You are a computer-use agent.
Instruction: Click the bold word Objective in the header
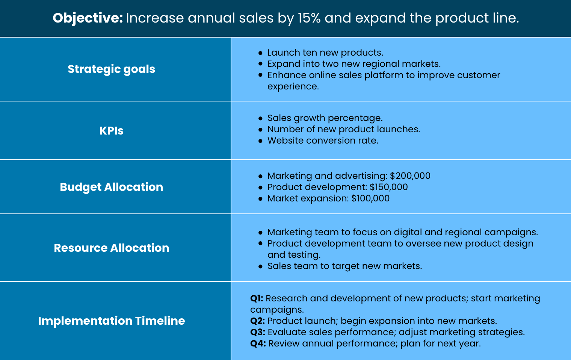point(88,18)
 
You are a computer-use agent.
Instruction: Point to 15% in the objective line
point(309,18)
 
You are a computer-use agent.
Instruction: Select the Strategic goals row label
point(112,69)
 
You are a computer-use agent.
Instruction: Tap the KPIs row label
point(112,131)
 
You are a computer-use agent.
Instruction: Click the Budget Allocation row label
point(112,187)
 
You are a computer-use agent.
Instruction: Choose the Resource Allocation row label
point(112,248)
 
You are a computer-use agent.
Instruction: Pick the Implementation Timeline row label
point(112,321)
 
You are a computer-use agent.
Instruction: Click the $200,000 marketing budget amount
point(410,176)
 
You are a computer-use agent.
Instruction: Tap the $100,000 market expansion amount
point(370,198)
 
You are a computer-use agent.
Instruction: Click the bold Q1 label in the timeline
point(257,298)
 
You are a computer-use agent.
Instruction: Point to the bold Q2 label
point(258,321)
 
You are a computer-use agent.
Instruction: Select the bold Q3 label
point(258,332)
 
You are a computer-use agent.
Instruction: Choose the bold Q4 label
point(258,343)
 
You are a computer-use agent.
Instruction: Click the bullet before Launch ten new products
point(260,53)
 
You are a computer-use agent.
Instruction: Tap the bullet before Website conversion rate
point(260,141)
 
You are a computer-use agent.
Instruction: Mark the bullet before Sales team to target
point(260,266)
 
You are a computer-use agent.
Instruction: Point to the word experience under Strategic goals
point(293,87)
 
